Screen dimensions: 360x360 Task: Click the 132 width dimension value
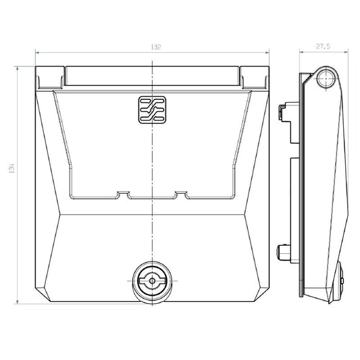pos(155,47)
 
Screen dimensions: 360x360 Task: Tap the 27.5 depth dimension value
pos(322,47)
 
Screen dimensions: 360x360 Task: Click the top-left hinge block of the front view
pos(51,78)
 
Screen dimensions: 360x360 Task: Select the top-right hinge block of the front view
pos(255,78)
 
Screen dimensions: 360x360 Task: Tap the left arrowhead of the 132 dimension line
pos(37,51)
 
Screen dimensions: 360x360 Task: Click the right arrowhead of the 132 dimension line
pos(267,51)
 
